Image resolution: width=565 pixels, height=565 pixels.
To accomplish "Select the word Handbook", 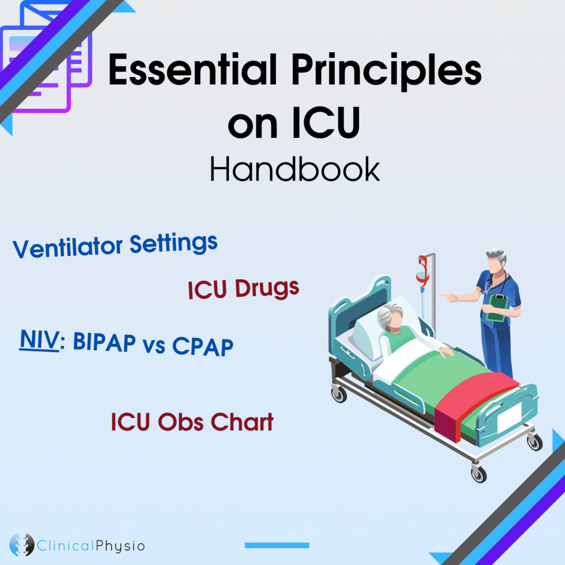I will pos(295,169).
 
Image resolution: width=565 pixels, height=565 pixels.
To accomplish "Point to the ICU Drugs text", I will pos(243,289).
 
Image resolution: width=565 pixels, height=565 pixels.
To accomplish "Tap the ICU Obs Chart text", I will pos(192,423).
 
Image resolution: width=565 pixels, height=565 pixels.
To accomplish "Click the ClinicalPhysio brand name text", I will pos(92,546).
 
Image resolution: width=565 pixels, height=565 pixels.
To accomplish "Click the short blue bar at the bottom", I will pos(276,545).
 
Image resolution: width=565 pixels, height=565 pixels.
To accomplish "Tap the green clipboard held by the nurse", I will pos(498,306).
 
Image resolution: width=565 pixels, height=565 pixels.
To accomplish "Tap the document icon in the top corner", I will pos(47,61).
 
